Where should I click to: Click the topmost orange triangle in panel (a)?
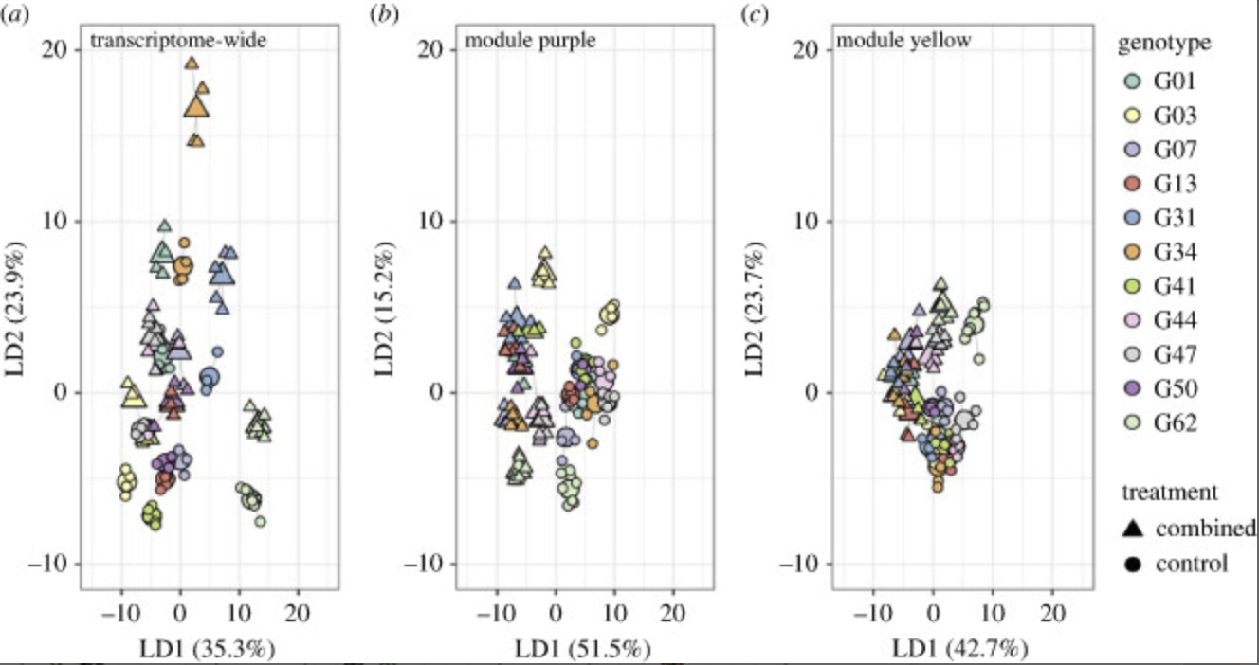tap(191, 63)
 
